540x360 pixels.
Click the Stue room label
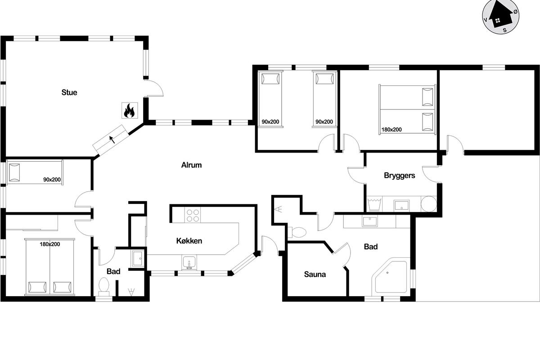tap(69, 93)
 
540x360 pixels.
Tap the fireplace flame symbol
tap(129, 110)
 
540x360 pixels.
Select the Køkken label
tap(189, 241)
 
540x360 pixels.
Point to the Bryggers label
tap(399, 175)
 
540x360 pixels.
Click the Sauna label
tap(315, 274)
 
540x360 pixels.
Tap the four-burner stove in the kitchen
tap(193, 215)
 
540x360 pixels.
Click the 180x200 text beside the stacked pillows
tap(391, 130)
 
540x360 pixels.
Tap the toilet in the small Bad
tap(104, 286)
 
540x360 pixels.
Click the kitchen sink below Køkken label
tap(189, 262)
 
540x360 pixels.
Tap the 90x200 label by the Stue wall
tap(52, 180)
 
